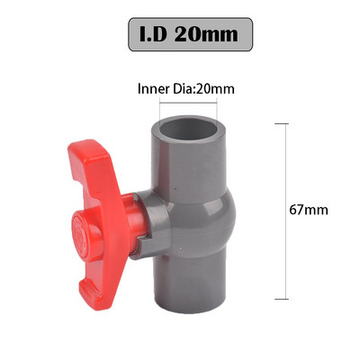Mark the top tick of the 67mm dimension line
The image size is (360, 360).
[287, 124]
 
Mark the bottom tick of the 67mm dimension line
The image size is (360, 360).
[287, 298]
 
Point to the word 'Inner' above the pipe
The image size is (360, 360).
[154, 89]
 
